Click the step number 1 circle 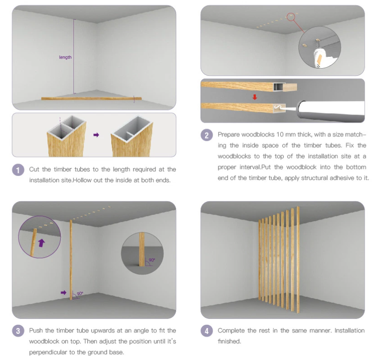click(x=18, y=170)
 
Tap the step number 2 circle click(x=207, y=135)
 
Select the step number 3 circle click(x=18, y=331)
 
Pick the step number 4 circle click(x=207, y=331)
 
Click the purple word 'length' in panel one click(x=65, y=57)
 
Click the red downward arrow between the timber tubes click(x=255, y=97)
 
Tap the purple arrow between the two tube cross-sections click(x=96, y=135)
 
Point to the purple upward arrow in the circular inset click(x=41, y=243)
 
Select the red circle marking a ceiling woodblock click(x=291, y=17)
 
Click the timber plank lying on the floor click(x=91, y=98)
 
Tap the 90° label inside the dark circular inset click(x=152, y=260)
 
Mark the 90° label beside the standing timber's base click(x=80, y=294)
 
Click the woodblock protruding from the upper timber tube click(x=290, y=88)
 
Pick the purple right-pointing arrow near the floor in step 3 click(x=64, y=293)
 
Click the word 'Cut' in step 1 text click(x=34, y=170)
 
